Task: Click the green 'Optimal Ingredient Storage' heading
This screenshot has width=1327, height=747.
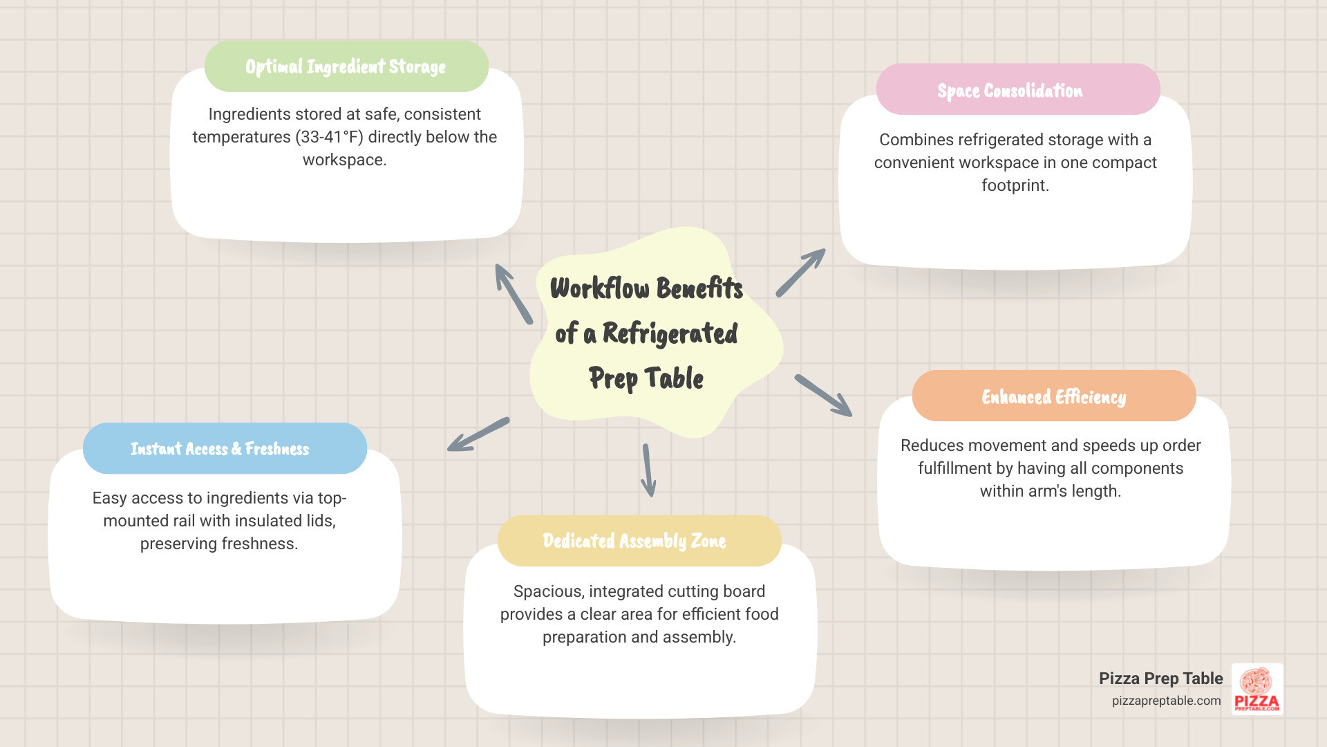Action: [x=346, y=66]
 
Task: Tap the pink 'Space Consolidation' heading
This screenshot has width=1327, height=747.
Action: [x=1010, y=91]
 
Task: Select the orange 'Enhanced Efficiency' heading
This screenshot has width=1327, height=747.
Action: [x=1054, y=397]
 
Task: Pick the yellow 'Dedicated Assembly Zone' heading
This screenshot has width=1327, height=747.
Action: [x=634, y=541]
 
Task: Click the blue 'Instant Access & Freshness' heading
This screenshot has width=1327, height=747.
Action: [x=220, y=449]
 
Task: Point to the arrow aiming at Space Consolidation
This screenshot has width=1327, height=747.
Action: [x=800, y=273]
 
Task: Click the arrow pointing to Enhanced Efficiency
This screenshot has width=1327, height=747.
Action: [x=823, y=396]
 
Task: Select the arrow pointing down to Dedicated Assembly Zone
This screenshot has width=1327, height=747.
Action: [x=648, y=470]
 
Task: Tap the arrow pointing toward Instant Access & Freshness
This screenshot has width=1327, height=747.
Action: [x=478, y=434]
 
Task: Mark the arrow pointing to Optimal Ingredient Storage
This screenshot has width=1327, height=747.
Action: [x=514, y=293]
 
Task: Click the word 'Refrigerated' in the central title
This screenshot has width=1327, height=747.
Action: [x=670, y=333]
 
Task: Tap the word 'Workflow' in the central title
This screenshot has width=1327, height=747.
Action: [x=600, y=288]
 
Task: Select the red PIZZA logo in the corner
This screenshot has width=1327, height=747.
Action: [x=1257, y=690]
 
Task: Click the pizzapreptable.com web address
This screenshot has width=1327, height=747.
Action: [x=1166, y=701]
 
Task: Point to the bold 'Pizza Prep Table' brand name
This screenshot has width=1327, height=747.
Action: [x=1161, y=679]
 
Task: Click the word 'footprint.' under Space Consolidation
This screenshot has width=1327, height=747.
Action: [x=1015, y=185]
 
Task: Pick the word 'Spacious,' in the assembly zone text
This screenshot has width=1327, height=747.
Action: [x=549, y=591]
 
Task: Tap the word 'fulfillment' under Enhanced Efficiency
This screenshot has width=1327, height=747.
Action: [x=954, y=468]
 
